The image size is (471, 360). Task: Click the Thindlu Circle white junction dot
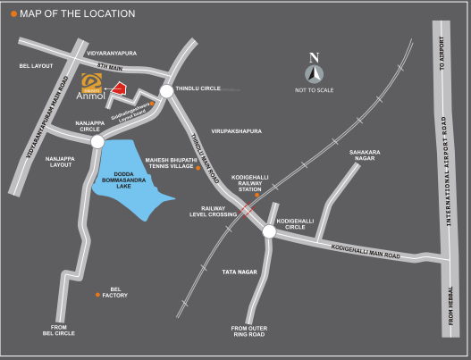pos(166,91)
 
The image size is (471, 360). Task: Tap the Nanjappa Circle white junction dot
pos(97,141)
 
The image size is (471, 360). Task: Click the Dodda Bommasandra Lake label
pos(124,180)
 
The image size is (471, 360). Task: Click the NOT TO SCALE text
pos(314,90)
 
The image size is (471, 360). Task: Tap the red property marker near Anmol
pos(117,88)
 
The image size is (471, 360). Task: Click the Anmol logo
pos(93,87)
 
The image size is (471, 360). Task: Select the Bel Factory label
pos(115,292)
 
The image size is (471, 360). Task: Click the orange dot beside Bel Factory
pos(97,294)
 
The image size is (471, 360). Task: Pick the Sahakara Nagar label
pos(366,156)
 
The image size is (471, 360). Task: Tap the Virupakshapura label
pos(237,130)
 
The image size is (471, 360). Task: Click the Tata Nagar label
pos(240,271)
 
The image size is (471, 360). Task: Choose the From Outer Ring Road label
pos(249,331)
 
